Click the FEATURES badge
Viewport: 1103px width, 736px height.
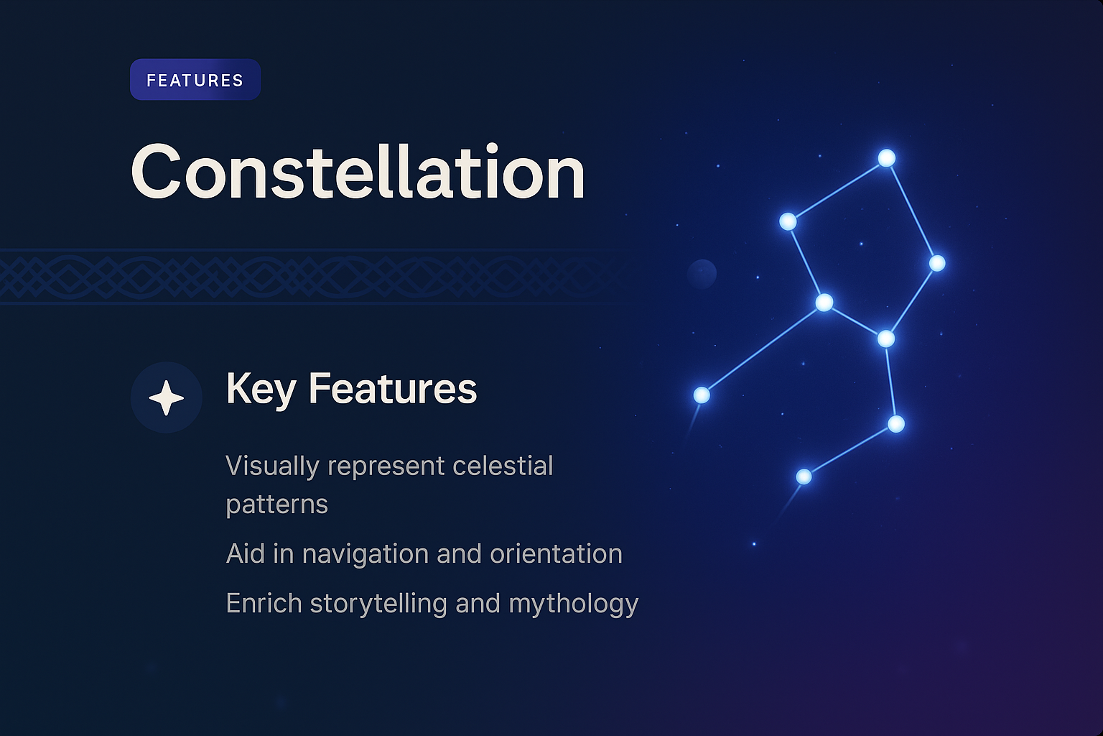(x=195, y=80)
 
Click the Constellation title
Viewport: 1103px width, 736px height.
(x=358, y=172)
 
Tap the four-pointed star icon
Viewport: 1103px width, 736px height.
(x=166, y=397)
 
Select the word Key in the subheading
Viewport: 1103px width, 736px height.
(x=261, y=389)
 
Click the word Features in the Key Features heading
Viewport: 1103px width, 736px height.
(x=392, y=389)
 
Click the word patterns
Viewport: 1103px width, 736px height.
(x=276, y=505)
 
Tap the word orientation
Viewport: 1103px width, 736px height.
(x=556, y=554)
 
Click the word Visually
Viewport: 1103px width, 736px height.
(x=272, y=466)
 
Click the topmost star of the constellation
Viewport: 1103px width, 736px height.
(x=887, y=158)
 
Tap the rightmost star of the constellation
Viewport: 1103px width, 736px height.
(x=937, y=263)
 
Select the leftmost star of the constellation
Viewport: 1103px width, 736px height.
(x=702, y=395)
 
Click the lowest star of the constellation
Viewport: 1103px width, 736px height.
(x=804, y=477)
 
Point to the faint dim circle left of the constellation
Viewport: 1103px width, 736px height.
(x=702, y=274)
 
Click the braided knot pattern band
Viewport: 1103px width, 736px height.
(x=302, y=277)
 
